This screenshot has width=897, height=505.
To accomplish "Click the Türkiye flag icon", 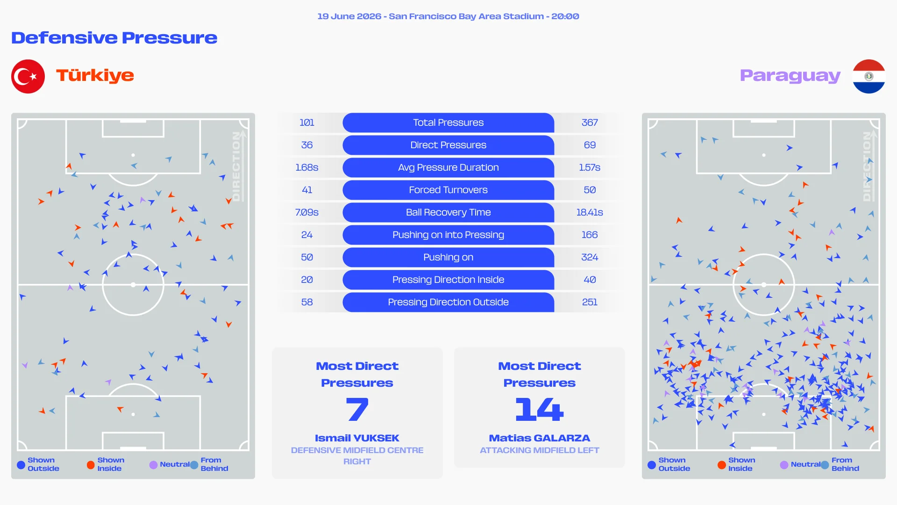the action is (x=28, y=76).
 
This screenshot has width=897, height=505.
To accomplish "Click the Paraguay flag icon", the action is (x=869, y=76).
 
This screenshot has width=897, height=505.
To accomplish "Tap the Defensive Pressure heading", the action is (x=114, y=38).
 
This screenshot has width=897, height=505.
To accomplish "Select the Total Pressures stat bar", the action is (x=448, y=123).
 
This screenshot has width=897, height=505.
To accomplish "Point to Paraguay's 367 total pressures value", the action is (x=590, y=123).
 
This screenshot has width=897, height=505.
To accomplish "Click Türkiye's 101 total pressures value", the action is (x=307, y=123).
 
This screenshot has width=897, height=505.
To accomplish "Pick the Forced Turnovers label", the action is (x=448, y=190).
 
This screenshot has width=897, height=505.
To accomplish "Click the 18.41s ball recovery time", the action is (x=590, y=212).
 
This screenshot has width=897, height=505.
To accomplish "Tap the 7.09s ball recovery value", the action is (x=307, y=212).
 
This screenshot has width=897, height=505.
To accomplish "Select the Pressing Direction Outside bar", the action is (x=448, y=302).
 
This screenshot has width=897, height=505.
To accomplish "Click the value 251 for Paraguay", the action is (x=590, y=302).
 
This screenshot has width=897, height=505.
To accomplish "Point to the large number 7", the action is (x=357, y=409).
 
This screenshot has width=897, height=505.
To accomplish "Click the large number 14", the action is (x=540, y=409).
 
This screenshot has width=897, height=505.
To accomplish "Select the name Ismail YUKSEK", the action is (x=357, y=438).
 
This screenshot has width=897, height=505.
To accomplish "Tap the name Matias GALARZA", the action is (x=540, y=438).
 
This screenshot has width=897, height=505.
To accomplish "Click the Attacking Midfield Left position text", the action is (x=540, y=450).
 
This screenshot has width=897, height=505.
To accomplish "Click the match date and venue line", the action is (x=448, y=16).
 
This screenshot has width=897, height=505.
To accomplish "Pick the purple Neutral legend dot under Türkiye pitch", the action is (x=153, y=465).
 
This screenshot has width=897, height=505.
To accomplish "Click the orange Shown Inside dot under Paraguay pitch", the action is (x=722, y=465).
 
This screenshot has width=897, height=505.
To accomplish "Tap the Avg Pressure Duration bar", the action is (x=448, y=167).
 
